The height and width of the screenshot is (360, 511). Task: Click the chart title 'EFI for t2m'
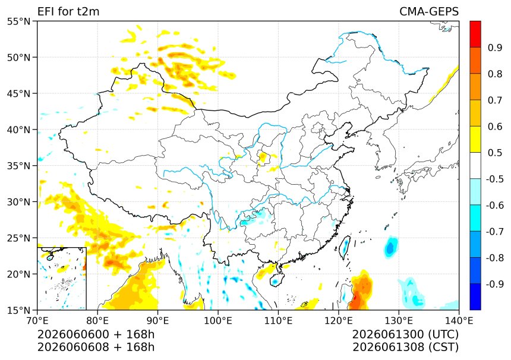point(68,11)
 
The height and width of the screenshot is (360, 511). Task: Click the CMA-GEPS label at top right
point(429,11)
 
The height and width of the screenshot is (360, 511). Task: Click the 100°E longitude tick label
point(218,321)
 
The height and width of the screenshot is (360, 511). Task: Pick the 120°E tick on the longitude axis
point(338,321)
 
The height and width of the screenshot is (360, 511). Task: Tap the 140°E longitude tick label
point(459,321)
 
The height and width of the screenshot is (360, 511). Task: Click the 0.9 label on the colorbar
point(495,48)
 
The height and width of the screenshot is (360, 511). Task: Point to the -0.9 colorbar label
point(494,284)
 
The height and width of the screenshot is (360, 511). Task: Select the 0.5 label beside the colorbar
point(495,153)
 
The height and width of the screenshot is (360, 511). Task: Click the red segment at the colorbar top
point(475,34)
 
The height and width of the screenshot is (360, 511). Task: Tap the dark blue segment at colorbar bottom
point(475,296)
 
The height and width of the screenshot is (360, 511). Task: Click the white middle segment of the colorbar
point(475,166)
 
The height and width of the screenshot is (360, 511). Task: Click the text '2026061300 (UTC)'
point(405,334)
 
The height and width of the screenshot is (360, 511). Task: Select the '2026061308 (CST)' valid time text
point(405,347)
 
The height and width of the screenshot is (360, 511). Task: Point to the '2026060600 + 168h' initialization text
point(96,334)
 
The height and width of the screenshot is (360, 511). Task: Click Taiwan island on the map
point(345,247)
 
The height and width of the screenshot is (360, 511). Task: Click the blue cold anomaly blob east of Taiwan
point(390,248)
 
